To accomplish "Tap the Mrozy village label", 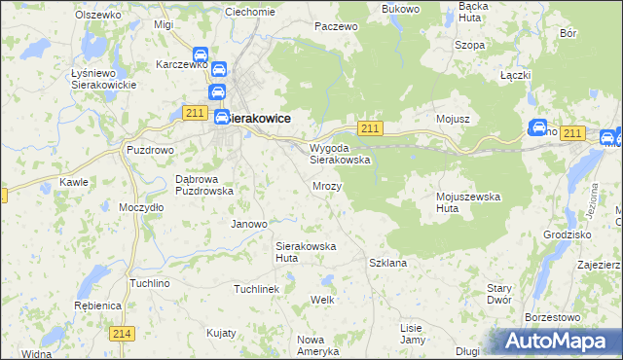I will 326,184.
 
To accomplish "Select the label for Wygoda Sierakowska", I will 340,153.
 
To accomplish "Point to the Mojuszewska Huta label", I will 467,201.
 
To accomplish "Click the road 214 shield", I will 122,333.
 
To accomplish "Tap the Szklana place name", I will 387,263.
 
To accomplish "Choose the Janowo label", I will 248,224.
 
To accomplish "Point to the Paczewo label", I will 337,27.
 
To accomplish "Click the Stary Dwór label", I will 499,294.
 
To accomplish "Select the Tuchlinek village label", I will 256,289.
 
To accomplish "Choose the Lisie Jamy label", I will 413,333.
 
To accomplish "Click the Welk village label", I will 322,299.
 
